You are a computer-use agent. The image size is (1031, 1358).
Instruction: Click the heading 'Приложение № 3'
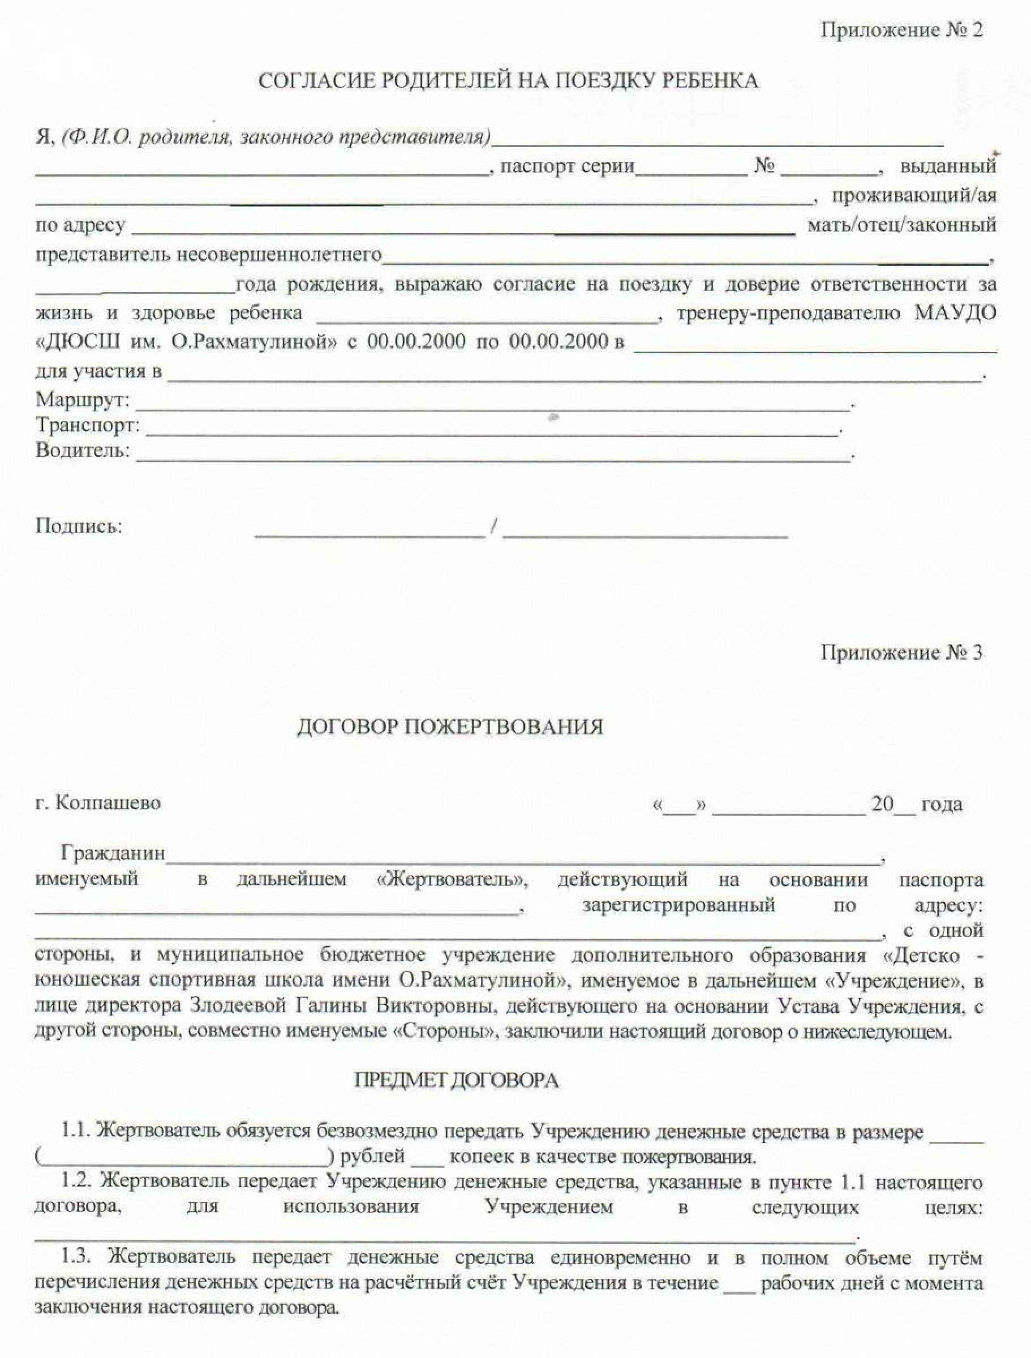(901, 652)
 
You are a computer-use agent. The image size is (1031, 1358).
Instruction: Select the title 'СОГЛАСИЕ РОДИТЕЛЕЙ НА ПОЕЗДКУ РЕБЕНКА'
(509, 81)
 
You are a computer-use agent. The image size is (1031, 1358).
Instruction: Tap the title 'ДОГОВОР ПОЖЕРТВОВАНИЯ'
(449, 728)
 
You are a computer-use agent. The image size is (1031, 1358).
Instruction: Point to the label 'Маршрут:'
(83, 400)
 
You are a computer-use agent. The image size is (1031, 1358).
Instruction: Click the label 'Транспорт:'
(88, 426)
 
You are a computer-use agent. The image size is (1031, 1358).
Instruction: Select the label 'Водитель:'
(83, 450)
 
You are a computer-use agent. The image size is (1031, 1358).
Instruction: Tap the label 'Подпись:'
(79, 526)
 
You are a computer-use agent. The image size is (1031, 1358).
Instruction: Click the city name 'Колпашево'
(108, 803)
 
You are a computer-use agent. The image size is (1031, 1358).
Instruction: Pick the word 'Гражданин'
(113, 853)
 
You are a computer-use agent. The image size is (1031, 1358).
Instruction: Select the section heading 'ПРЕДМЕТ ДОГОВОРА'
(456, 1081)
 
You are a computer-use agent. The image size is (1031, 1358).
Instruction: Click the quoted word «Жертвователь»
(452, 879)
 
